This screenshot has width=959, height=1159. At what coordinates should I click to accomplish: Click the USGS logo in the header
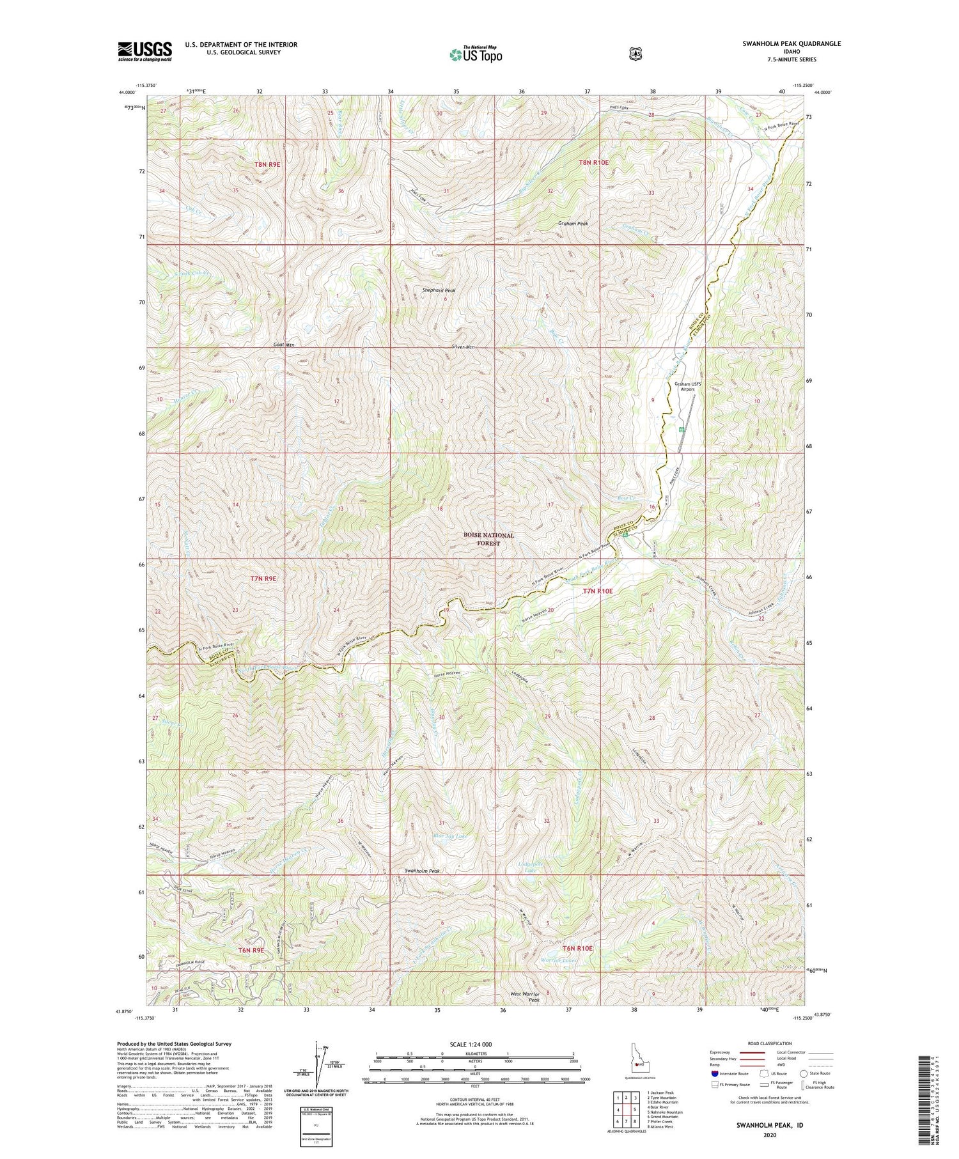[x=145, y=51]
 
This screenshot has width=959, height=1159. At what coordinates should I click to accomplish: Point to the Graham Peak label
[x=573, y=224]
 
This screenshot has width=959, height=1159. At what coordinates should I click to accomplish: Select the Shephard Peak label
[x=439, y=290]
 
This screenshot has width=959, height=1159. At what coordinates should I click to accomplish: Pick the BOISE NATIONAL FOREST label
[x=489, y=539]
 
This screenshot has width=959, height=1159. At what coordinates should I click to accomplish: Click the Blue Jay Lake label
[x=450, y=836]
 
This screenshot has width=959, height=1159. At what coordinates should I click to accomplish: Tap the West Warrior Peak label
[x=528, y=998]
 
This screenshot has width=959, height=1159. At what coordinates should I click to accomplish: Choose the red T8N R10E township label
[x=593, y=163]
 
